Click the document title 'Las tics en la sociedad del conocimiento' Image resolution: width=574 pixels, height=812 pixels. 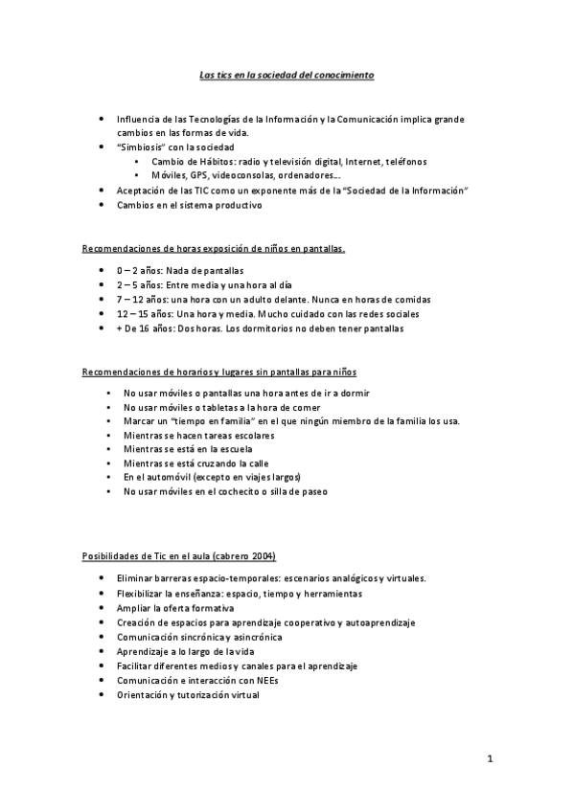pos(287,74)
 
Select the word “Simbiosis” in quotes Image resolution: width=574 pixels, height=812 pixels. pos(142,147)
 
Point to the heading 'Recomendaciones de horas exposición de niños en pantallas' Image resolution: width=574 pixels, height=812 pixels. pos(213,249)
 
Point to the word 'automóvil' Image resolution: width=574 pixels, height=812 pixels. pos(166,477)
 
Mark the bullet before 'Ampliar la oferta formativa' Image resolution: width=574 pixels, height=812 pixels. pos(103,608)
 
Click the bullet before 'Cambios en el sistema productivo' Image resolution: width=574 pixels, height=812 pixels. pos(103,205)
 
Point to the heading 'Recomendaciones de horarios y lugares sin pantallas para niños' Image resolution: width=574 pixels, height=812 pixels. pos(220,371)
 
